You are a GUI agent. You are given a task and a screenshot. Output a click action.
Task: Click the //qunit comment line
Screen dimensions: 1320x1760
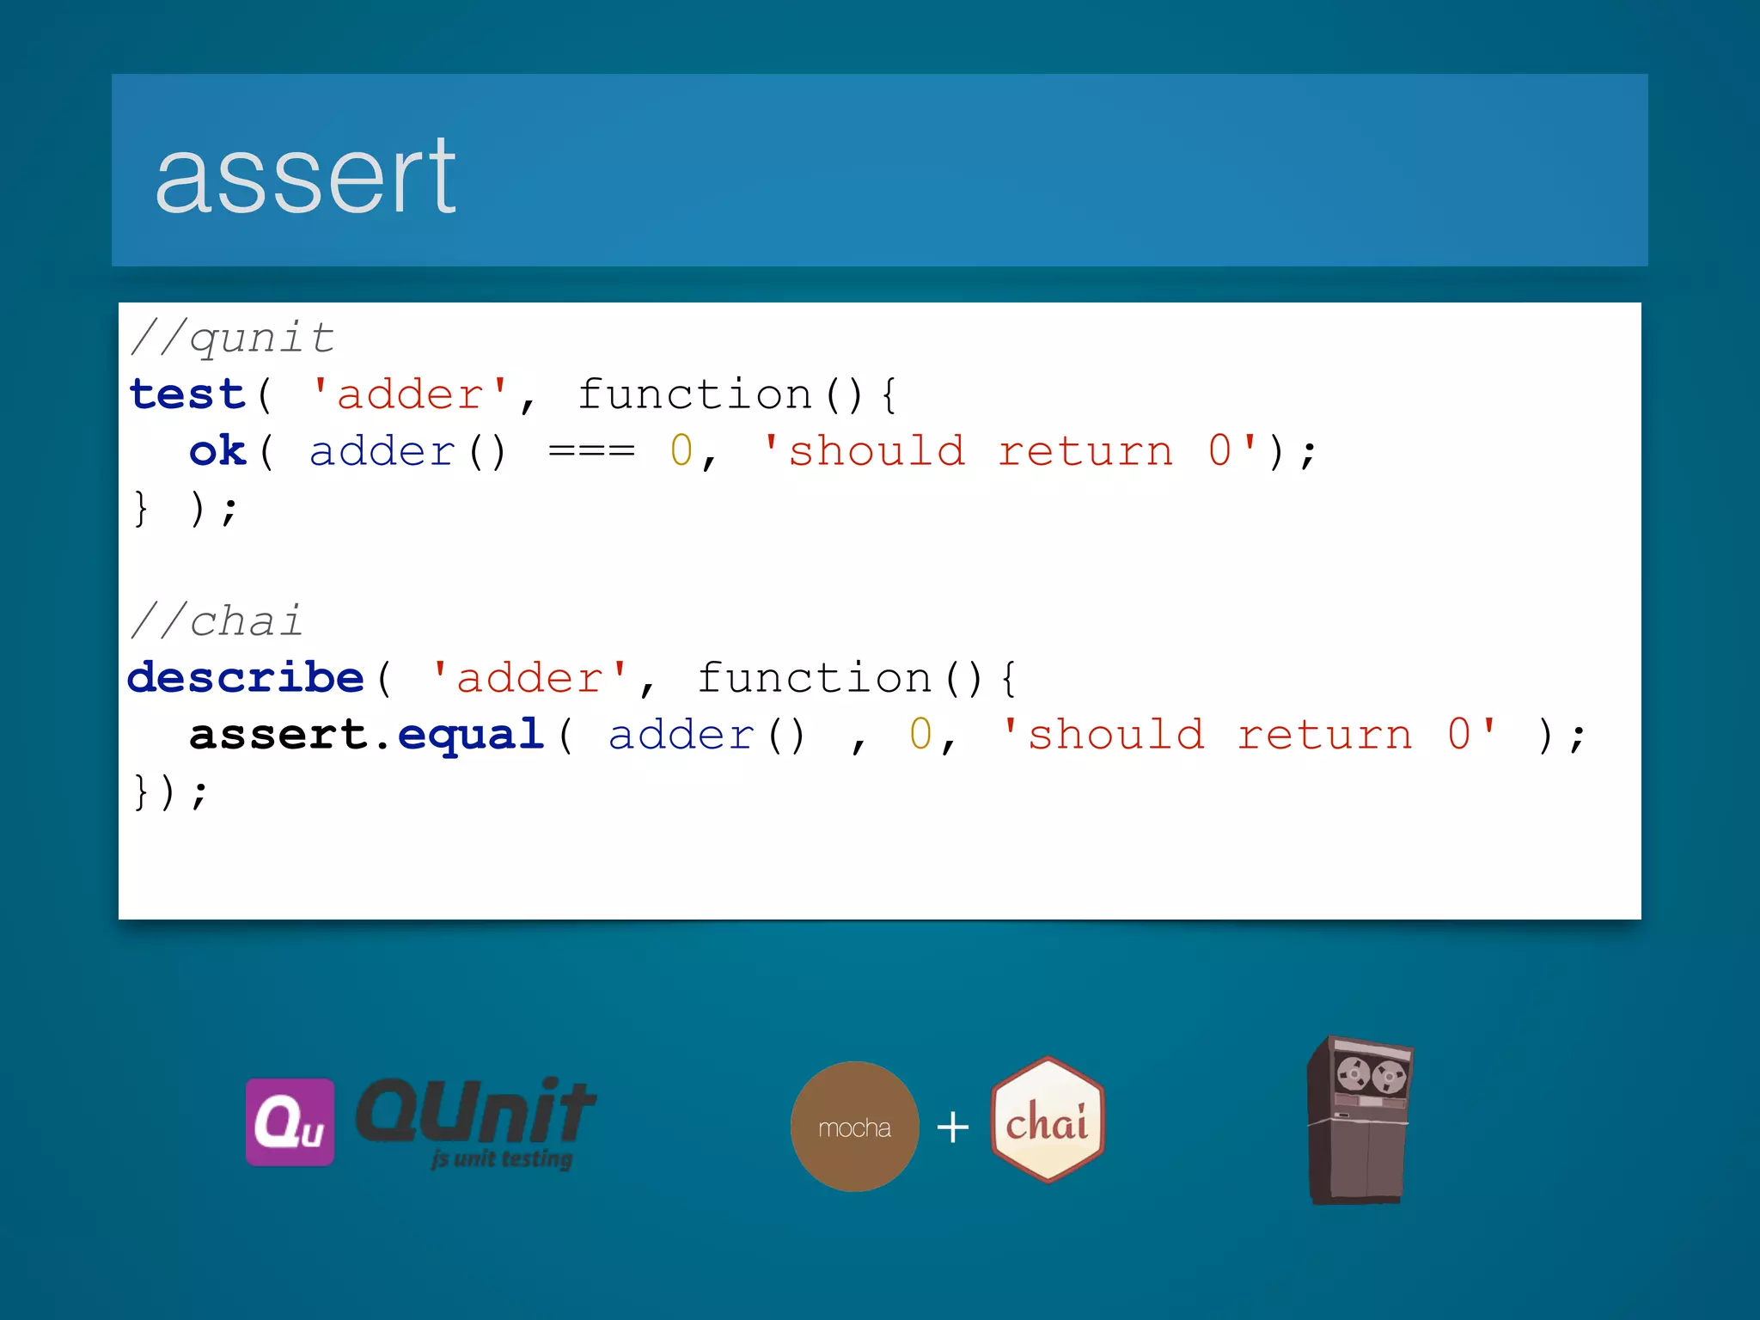[232, 338]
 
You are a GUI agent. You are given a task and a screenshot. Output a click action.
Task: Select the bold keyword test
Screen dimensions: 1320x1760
[187, 394]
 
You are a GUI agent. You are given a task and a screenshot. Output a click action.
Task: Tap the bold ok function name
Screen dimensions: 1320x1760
[217, 451]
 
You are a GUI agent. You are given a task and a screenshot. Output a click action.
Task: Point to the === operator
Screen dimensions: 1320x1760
[591, 451]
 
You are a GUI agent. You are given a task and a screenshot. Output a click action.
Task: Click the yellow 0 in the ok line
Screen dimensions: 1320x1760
[681, 451]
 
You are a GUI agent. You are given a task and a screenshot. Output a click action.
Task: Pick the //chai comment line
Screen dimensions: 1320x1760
[217, 621]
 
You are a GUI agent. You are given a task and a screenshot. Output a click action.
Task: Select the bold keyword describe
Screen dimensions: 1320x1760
[246, 678]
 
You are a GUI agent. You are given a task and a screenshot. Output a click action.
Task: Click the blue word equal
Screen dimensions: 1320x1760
[471, 735]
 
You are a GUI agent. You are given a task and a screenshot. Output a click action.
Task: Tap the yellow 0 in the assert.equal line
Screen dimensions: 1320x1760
[920, 735]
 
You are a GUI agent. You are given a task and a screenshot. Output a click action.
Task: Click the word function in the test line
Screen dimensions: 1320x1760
[694, 394]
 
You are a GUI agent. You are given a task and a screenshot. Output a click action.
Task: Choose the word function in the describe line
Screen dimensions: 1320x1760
[814, 678]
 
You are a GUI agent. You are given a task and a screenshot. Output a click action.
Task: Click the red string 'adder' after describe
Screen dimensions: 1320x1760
[529, 678]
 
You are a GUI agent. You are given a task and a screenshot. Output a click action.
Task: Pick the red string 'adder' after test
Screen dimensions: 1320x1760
[410, 394]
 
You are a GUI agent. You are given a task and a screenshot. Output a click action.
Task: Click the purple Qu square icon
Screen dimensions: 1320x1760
[290, 1121]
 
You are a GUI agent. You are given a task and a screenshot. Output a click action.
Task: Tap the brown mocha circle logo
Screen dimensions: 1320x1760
[854, 1127]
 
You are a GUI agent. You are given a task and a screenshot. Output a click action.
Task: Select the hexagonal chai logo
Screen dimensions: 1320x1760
[1047, 1120]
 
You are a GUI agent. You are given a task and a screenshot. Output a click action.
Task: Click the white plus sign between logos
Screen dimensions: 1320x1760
[952, 1127]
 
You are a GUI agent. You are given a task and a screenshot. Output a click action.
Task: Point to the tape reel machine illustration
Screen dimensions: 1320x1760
[1360, 1120]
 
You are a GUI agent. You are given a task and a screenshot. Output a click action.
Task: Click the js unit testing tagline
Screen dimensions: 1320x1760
[502, 1158]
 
